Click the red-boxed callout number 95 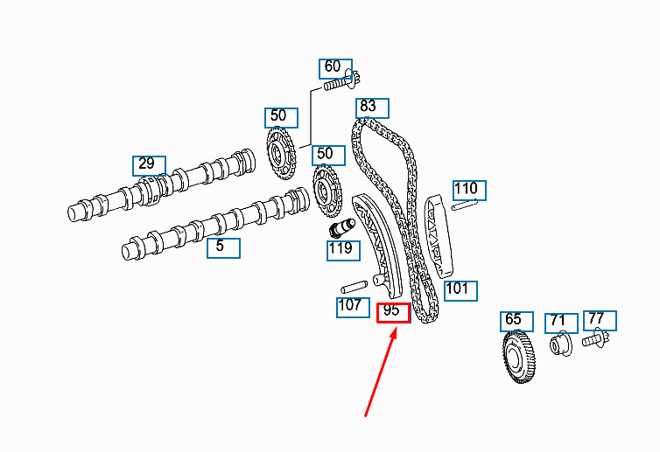(393, 313)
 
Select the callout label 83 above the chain (372, 108)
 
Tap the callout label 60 (335, 68)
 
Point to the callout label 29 (149, 165)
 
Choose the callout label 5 (223, 248)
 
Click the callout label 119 (343, 251)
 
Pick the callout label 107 (353, 308)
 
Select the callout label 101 (461, 291)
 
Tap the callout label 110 (469, 191)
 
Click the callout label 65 (516, 322)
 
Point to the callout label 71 (561, 323)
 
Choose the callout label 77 (600, 321)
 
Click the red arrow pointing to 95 (381, 373)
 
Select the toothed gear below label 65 (518, 357)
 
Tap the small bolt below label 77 (595, 339)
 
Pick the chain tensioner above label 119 (341, 228)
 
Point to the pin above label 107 (354, 287)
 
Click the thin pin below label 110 (465, 205)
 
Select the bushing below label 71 (561, 344)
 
